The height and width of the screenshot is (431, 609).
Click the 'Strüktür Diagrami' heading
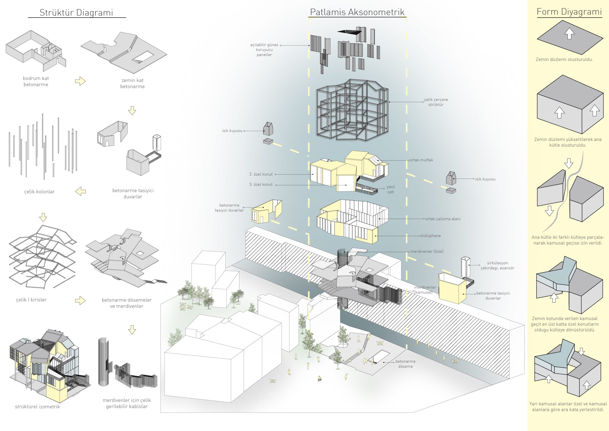76,12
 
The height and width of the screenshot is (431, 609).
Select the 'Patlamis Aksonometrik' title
357,12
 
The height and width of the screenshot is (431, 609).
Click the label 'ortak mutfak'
421,160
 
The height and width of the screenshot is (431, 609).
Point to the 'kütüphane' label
431,236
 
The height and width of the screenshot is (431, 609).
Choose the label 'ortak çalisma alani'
443,219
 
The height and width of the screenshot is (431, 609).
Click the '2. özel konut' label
261,175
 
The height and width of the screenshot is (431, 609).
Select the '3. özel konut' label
261,185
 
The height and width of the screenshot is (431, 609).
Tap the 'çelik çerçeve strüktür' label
436,102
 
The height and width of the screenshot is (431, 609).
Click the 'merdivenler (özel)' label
427,251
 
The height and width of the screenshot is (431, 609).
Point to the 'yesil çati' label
391,190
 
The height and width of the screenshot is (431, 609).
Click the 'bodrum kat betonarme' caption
36,81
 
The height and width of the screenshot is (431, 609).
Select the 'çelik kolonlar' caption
39,192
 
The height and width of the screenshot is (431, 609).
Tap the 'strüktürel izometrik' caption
37,406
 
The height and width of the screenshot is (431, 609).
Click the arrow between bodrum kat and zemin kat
80,81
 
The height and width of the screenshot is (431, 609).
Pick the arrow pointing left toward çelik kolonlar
80,191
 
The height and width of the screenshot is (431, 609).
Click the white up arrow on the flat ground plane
569,34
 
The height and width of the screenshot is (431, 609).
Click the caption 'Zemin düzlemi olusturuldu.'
564,60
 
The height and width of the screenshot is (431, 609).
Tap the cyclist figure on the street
320,379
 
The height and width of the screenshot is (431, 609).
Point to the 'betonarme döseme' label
405,364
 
